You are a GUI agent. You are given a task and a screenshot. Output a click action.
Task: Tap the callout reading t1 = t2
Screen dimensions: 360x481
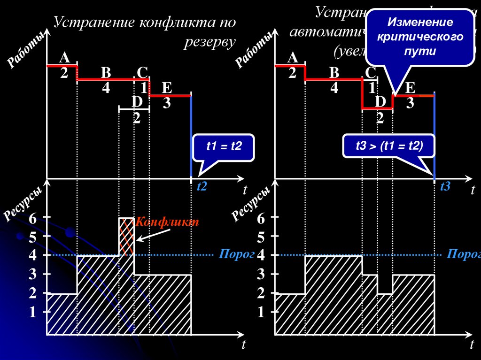click(224, 147)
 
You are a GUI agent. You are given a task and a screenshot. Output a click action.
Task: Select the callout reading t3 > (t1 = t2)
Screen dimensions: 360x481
click(389, 147)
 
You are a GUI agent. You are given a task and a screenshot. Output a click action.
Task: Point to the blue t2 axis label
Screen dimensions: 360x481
click(202, 186)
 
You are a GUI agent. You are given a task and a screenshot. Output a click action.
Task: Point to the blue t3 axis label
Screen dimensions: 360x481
click(445, 186)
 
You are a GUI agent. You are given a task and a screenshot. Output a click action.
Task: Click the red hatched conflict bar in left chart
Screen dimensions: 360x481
click(126, 236)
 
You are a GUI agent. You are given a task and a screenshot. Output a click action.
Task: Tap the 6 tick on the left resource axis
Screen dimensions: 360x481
click(32, 218)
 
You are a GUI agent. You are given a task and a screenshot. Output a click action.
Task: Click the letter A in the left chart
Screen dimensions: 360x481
click(64, 58)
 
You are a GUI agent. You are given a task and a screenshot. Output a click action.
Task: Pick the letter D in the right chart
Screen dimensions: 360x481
click(380, 102)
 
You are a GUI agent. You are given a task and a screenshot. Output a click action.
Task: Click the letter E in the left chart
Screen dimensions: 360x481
click(167, 88)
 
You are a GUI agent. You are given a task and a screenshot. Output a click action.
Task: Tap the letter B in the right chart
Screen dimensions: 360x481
click(334, 73)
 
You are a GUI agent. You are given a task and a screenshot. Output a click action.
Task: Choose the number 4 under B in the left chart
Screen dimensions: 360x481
click(106, 88)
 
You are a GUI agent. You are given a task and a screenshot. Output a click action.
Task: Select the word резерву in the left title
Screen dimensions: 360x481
click(209, 42)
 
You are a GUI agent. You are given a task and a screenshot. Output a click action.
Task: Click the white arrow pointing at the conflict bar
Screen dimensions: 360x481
click(149, 234)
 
